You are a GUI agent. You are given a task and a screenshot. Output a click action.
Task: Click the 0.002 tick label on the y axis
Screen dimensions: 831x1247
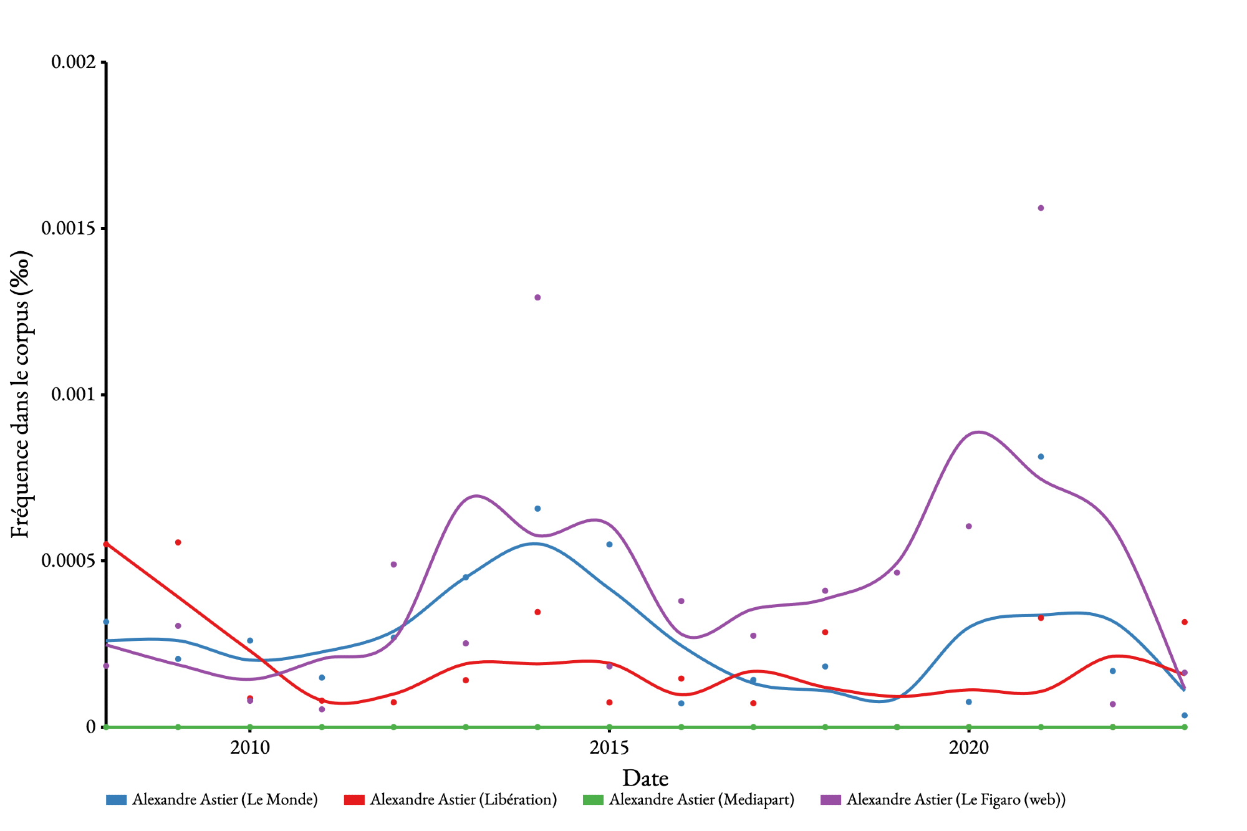pos(74,62)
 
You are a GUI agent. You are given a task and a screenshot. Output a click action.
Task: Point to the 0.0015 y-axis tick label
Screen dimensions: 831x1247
pos(69,228)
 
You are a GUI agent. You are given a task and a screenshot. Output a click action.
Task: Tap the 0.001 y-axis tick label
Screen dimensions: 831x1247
pos(74,395)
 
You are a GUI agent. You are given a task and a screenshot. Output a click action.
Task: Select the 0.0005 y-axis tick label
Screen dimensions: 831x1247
pos(69,560)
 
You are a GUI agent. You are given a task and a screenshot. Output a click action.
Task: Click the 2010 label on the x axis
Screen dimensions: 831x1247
pos(250,747)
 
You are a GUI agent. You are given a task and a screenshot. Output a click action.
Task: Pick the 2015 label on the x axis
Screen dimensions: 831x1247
pos(609,747)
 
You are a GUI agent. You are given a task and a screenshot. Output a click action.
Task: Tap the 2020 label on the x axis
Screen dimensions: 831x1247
pos(968,747)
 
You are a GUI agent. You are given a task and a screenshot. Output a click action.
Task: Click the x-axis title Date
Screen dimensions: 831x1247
pos(645,778)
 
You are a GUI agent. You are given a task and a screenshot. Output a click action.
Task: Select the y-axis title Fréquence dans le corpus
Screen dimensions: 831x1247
pos(21,394)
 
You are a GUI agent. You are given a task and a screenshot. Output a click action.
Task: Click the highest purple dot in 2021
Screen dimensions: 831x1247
pos(1041,208)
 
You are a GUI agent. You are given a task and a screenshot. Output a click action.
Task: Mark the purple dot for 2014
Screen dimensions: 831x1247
pos(537,297)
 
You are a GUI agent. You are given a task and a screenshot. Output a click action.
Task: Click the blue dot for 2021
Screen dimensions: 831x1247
pos(1041,457)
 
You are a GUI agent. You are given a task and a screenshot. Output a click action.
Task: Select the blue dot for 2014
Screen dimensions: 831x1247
pos(537,509)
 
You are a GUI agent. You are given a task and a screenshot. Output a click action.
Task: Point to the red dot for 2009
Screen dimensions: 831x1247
pos(178,542)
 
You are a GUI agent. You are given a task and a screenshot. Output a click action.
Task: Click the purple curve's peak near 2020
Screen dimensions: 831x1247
pos(978,431)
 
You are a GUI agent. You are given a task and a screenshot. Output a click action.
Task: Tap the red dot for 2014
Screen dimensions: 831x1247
pos(537,612)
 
